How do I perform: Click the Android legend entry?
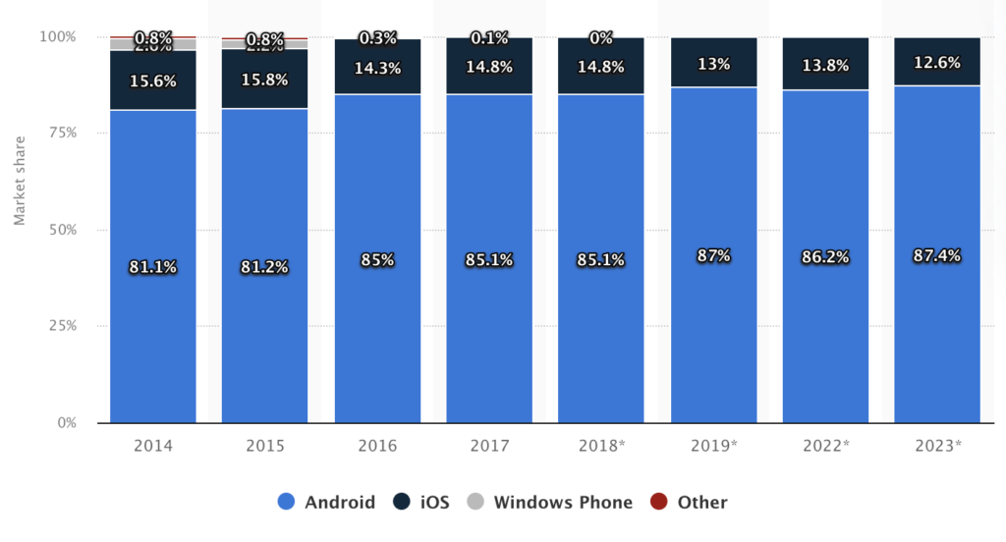click(326, 503)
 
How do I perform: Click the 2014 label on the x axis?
click(152, 446)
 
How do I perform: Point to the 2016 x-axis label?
click(377, 446)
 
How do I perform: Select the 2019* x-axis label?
click(713, 446)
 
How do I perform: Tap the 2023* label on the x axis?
click(937, 446)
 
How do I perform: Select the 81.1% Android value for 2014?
click(152, 266)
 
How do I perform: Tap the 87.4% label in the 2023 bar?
click(937, 255)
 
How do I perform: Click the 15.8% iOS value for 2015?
click(264, 80)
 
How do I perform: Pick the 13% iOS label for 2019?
click(713, 64)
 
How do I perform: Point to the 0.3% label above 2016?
click(377, 38)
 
